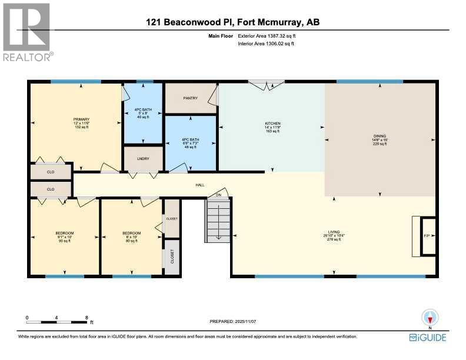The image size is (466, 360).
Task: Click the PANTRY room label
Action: (190, 98)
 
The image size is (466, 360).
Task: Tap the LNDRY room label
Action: (142, 159)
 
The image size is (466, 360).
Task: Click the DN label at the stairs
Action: (218, 195)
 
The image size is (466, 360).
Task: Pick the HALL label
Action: (200, 185)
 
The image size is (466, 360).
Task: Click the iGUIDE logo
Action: (428, 337)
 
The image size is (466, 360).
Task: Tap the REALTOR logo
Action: (26, 32)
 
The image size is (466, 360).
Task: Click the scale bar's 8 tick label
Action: (86, 317)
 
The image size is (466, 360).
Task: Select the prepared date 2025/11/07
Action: (233, 321)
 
